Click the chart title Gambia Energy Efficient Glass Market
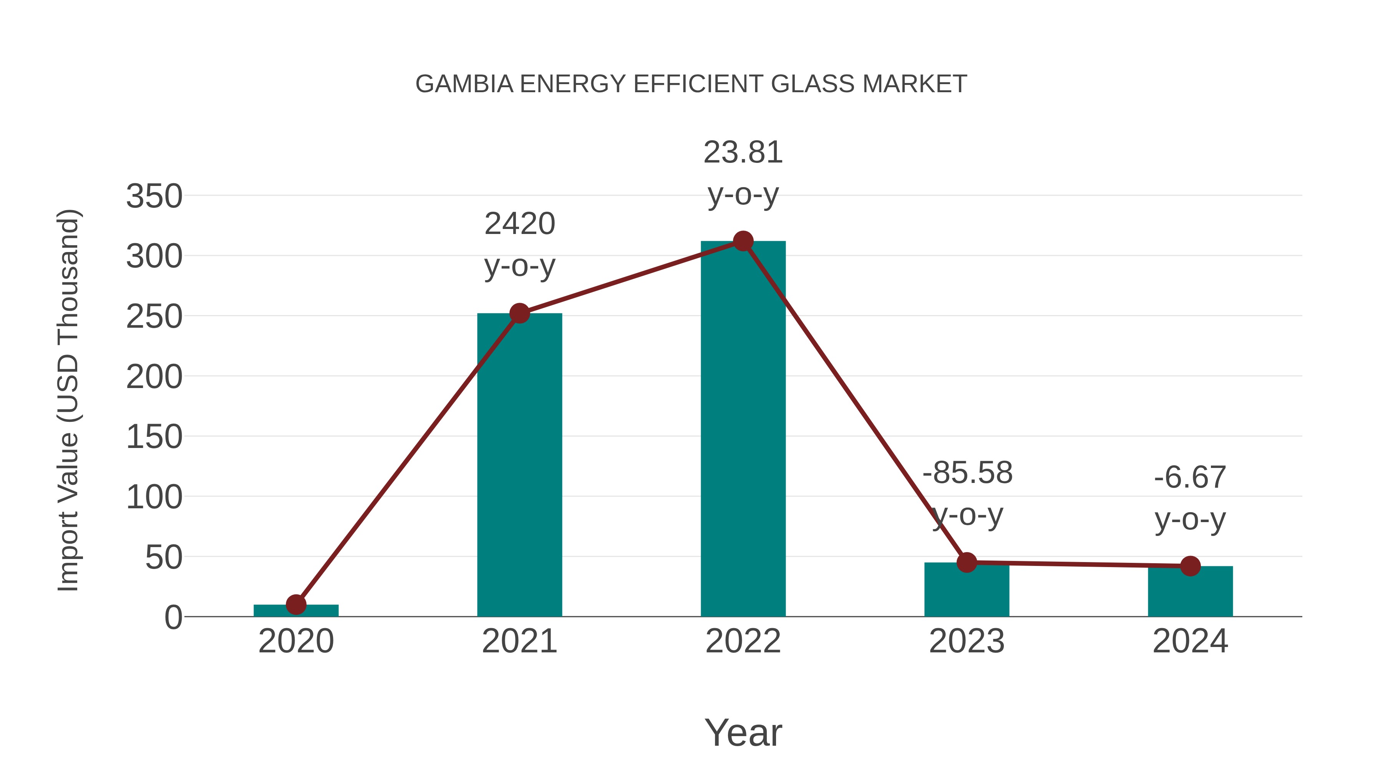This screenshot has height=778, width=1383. click(x=691, y=84)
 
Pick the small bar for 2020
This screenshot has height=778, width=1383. click(x=296, y=610)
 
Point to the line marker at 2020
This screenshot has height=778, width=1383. click(x=296, y=605)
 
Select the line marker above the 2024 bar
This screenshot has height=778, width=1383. click(x=1190, y=566)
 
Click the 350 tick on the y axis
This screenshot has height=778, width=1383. click(x=154, y=196)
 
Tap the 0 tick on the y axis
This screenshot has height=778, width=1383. click(x=173, y=617)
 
